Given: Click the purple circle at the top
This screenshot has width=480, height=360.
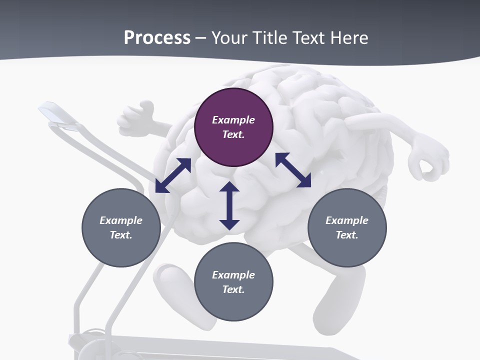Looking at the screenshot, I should point(233,127).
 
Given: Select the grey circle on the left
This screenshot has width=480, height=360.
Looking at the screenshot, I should point(121,227).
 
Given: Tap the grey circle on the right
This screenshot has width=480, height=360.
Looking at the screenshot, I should point(347,227).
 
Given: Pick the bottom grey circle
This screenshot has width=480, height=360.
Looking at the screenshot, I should point(233,281).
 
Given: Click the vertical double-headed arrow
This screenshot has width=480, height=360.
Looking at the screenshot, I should point(229,206).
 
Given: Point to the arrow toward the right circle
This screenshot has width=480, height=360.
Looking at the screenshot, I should point(293,170).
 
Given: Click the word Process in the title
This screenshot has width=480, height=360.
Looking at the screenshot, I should point(157,37).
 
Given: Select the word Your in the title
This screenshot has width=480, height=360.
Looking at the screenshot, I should point(228,37).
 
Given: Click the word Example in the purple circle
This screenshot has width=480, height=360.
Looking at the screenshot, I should point(233,120).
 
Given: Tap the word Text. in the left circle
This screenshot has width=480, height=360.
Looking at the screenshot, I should point(121,235).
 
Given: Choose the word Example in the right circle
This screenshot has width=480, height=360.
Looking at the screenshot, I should point(347,220).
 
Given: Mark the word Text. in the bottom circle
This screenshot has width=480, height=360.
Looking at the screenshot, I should point(233,289).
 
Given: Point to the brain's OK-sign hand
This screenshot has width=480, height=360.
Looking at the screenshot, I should point(427,160).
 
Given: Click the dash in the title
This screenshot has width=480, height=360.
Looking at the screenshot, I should point(201,38).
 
